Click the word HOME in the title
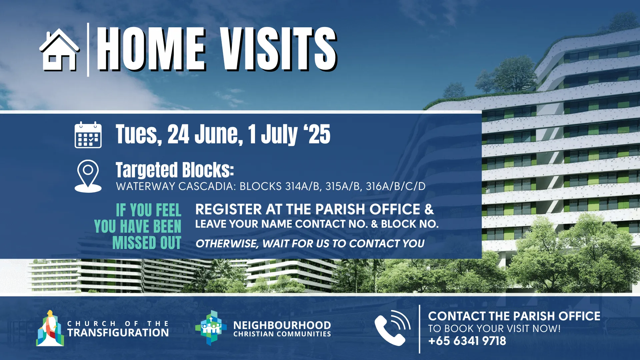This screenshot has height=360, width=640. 151,49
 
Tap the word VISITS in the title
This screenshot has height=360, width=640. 278,49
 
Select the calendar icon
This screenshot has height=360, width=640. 88,135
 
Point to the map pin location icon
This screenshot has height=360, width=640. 88,176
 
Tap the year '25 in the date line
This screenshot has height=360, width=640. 317,134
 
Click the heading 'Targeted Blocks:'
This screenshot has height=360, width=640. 175,170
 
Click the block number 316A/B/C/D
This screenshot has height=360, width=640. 396,186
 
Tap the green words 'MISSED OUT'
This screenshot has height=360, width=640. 147,243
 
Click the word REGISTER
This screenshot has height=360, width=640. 229,209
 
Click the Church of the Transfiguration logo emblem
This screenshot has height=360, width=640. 50,329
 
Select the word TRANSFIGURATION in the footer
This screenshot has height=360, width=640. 118,333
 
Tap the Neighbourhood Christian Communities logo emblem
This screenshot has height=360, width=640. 211,328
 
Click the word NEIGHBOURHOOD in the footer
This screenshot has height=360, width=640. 282,325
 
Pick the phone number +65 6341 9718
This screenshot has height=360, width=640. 467,341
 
